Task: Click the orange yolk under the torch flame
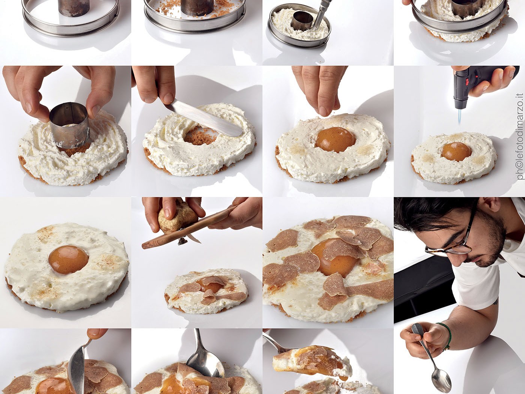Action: coord(456,152)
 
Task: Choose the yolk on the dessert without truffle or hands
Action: coord(69,260)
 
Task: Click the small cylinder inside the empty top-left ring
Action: coord(73,8)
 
